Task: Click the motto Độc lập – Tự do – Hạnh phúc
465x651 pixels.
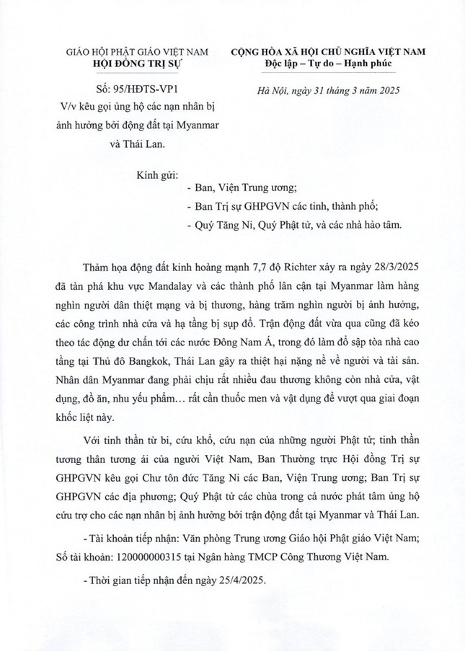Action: (328, 63)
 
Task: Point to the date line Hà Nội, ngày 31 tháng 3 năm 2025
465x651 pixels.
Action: (328, 90)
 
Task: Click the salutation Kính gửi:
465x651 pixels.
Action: (156, 174)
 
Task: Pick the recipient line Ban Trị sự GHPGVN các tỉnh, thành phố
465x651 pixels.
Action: (277, 208)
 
